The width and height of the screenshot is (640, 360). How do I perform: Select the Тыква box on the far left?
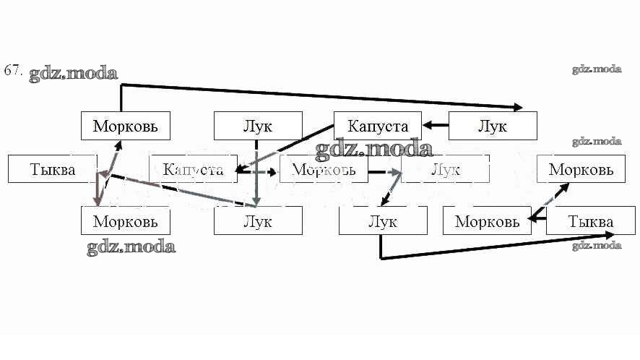[x=52, y=169]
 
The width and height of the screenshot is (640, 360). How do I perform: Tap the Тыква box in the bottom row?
[x=590, y=220]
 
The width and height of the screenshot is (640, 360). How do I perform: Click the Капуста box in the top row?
[x=377, y=126]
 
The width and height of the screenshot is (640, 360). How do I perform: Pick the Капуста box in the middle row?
[x=193, y=169]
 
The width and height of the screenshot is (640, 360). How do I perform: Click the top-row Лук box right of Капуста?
[x=493, y=126]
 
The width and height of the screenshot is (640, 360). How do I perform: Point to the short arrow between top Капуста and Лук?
[x=436, y=125]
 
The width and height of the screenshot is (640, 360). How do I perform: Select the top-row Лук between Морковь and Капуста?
[x=258, y=126]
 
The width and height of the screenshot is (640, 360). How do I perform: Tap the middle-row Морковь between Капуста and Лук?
[x=322, y=169]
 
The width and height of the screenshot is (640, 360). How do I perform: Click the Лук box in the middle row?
[x=445, y=169]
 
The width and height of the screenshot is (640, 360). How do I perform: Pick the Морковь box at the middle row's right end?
[x=581, y=169]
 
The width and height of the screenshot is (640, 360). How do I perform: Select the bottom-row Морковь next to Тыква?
[x=486, y=220]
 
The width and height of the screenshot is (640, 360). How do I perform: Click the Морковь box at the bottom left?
[x=125, y=220]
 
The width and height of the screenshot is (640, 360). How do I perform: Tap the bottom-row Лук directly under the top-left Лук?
[x=258, y=220]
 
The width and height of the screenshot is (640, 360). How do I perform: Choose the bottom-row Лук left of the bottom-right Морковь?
[x=382, y=220]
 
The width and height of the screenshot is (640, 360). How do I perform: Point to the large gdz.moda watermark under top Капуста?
[x=373, y=150]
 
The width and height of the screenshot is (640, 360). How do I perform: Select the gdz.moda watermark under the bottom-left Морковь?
[x=131, y=247]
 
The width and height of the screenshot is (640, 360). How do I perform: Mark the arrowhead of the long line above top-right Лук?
[x=519, y=108]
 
